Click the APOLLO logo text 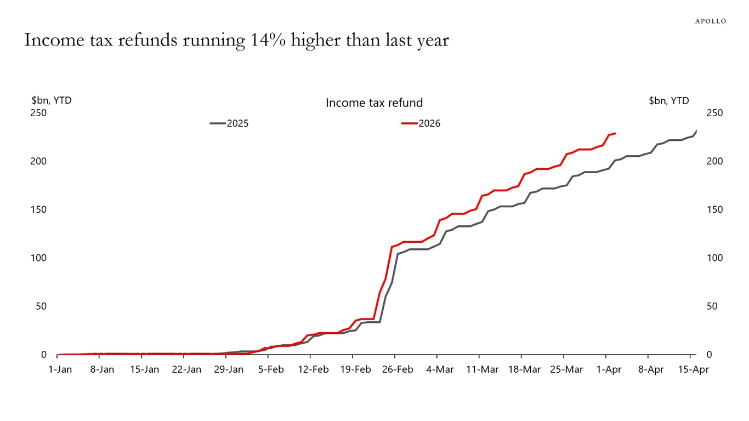[x=710, y=21]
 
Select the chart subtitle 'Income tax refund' [x=374, y=103]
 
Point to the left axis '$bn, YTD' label [x=52, y=100]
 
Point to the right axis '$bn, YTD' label [x=668, y=100]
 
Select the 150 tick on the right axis [x=715, y=209]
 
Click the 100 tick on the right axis [x=715, y=258]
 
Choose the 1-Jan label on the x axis [x=60, y=369]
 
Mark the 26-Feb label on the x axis [x=398, y=369]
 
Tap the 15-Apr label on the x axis [x=693, y=369]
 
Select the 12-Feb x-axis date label [x=313, y=369]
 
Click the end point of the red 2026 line [x=615, y=133]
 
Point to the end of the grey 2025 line [x=696, y=131]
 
